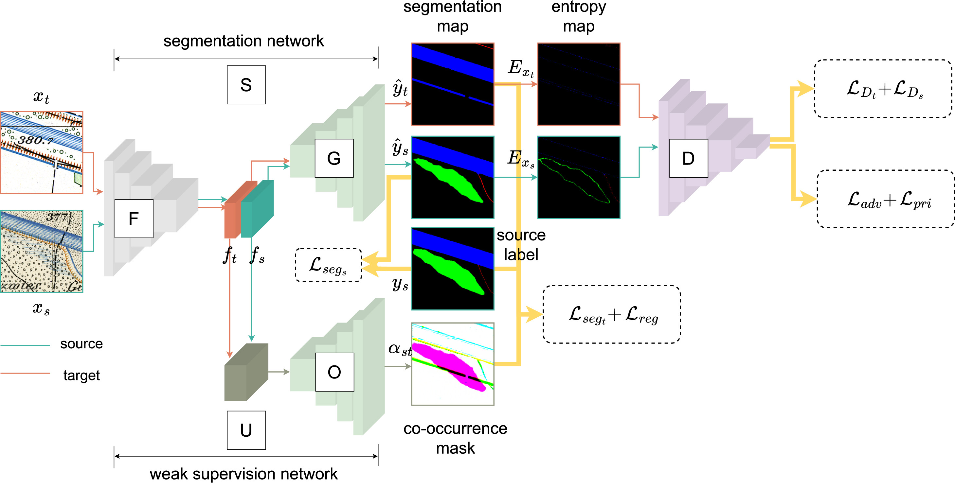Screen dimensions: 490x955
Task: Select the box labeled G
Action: pos(333,158)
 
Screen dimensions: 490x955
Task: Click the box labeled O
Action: pos(334,372)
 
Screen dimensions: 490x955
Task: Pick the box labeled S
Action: pos(246,85)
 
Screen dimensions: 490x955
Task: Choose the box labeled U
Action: pos(246,430)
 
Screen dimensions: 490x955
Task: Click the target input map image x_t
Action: pos(42,152)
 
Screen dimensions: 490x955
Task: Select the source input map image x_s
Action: pos(42,251)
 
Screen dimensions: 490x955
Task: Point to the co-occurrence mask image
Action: pos(453,364)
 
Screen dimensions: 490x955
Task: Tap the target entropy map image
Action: pos(579,84)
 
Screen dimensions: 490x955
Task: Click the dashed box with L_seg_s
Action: pos(328,265)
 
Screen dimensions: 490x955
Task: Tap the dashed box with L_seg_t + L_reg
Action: pos(612,314)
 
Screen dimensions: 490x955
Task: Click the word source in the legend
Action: pos(81,343)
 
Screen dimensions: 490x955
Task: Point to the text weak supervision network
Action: pos(243,474)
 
